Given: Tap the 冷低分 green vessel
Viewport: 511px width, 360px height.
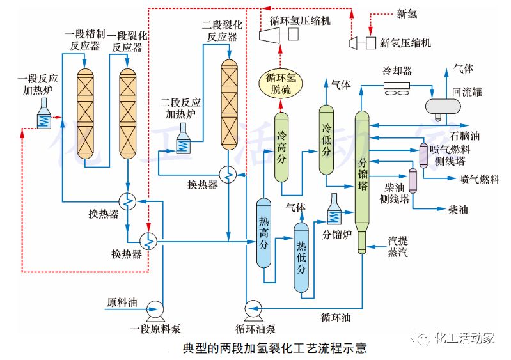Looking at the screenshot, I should pyautogui.click(x=327, y=141).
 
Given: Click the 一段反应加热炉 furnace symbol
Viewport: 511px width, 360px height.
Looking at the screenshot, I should pyautogui.click(x=44, y=115).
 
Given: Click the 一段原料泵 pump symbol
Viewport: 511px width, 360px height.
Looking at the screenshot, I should pyautogui.click(x=153, y=309).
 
